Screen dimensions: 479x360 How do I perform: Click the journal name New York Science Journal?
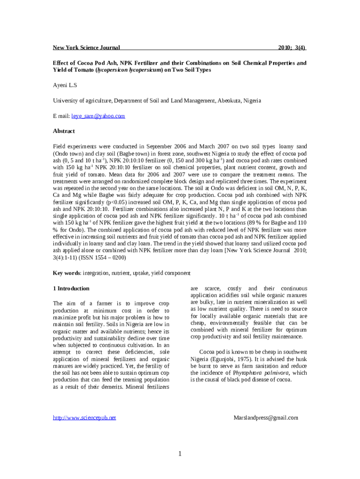point(86,48)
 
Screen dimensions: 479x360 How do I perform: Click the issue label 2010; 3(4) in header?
point(292,48)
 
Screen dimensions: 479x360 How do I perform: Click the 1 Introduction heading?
point(71,289)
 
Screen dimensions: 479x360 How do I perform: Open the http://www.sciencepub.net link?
point(84,418)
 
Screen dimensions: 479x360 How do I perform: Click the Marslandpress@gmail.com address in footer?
point(266,418)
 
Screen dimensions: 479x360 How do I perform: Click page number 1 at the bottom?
point(180,453)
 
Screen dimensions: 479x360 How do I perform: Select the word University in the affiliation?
point(65,101)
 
